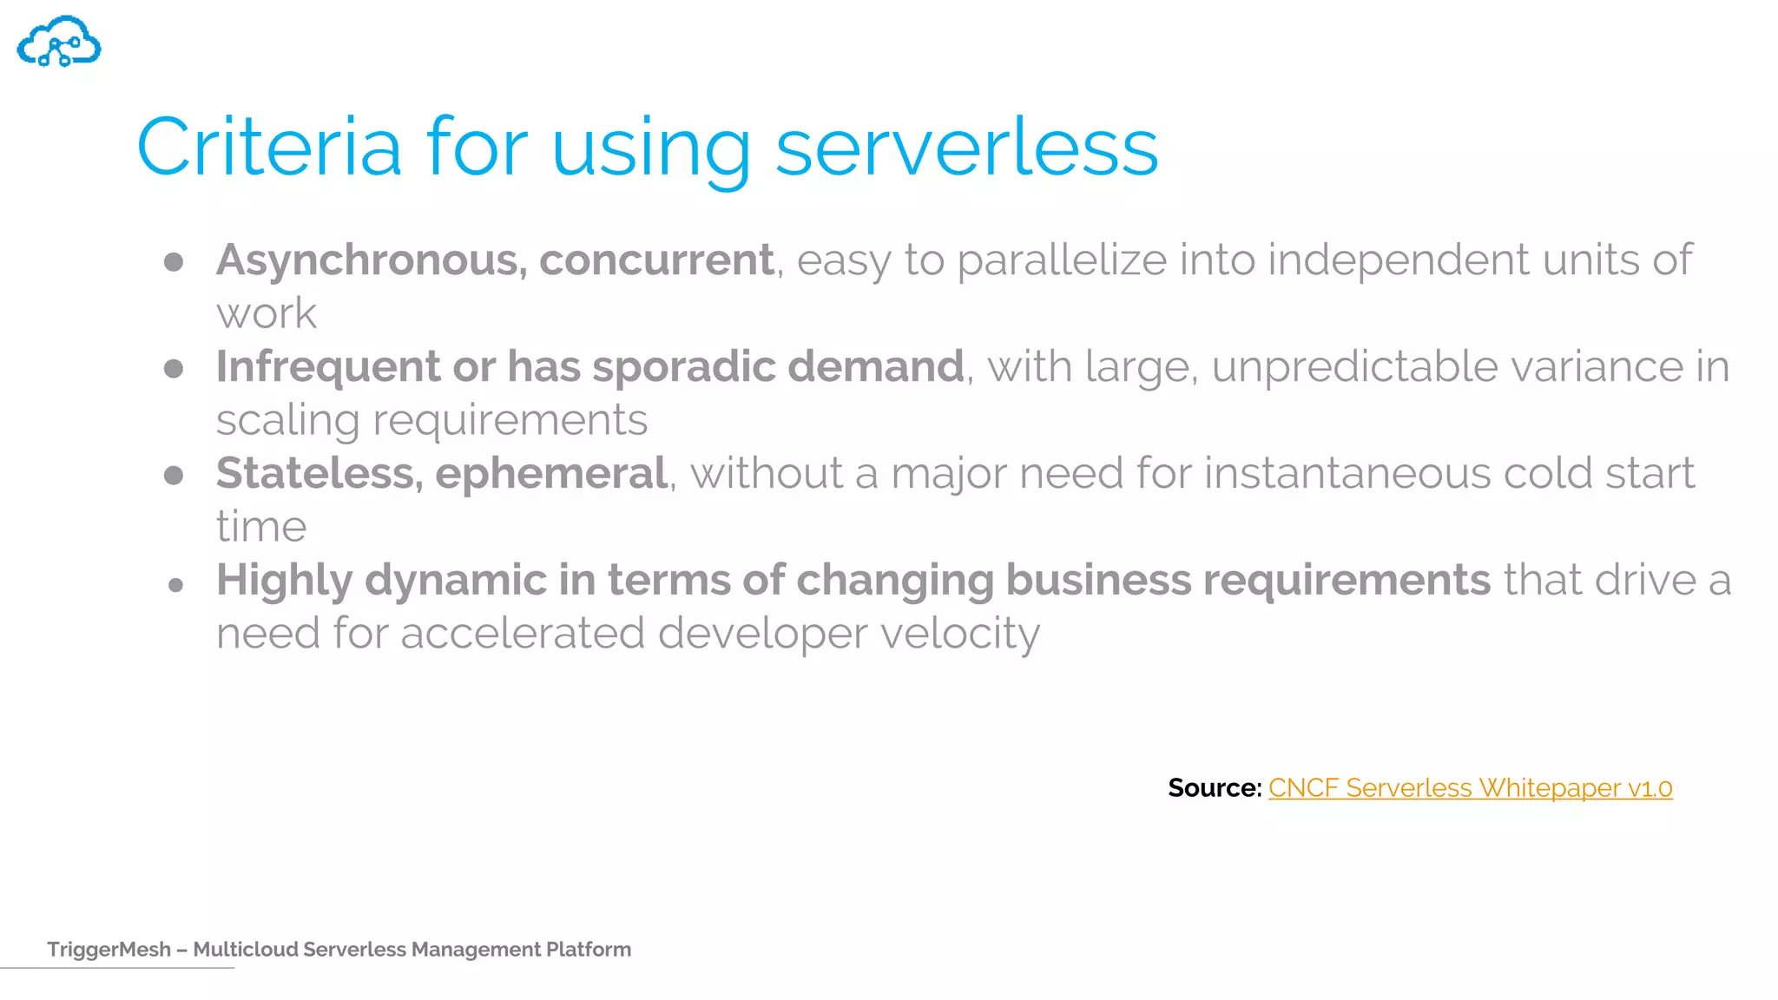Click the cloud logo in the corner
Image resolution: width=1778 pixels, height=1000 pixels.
coord(59,42)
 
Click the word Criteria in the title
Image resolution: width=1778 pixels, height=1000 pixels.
coord(269,148)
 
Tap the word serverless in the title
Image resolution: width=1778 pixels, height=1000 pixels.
coord(966,148)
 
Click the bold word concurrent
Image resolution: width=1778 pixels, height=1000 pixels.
coord(656,260)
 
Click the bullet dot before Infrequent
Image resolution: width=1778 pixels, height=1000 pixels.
coord(174,369)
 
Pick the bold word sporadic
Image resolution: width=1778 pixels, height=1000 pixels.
coord(684,367)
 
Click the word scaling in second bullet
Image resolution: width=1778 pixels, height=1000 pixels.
coord(287,421)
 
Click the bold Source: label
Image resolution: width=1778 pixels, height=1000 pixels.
coord(1214,788)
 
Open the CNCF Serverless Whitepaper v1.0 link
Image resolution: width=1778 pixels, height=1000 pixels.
coord(1470,788)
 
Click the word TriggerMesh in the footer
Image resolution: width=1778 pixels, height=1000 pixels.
coord(109,950)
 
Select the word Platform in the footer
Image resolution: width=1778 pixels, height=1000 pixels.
coord(588,950)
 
